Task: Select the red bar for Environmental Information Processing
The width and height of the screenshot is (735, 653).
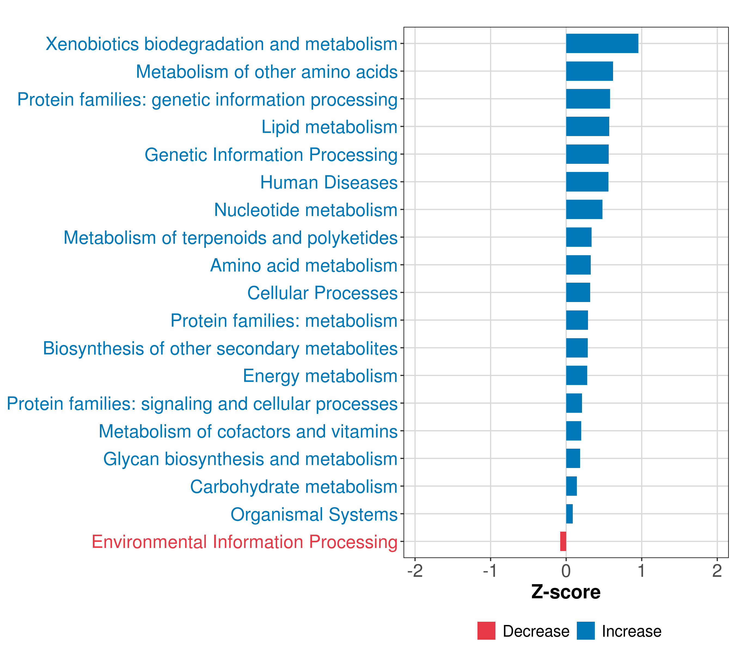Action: [x=563, y=541]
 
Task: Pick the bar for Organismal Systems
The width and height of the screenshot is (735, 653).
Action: [x=569, y=514]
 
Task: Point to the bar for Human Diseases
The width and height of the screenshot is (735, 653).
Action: [x=587, y=182]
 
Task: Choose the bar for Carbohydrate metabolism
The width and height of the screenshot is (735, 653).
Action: [x=571, y=486]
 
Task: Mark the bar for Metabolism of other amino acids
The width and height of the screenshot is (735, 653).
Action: [x=589, y=71]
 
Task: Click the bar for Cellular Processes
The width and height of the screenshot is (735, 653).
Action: [x=578, y=292]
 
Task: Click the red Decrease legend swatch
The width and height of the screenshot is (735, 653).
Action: [x=486, y=631]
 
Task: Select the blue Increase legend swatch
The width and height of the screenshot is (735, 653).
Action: [x=586, y=631]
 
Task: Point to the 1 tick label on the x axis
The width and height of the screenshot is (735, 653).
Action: [x=642, y=571]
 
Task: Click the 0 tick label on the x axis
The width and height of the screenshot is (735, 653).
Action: [x=566, y=571]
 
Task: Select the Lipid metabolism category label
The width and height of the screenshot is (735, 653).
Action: [x=329, y=127]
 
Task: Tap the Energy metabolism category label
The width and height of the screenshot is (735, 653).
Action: [x=320, y=376]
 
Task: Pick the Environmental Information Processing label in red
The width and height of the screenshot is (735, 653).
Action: [x=244, y=542]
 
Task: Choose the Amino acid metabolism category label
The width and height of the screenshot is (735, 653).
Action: [x=304, y=265]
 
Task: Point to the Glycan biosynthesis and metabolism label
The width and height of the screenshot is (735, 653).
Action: [x=250, y=459]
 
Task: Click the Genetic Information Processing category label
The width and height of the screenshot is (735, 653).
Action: [x=271, y=155]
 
